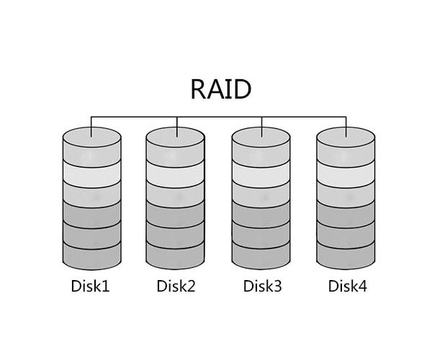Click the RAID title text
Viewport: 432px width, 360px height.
(x=221, y=89)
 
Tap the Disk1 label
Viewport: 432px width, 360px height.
(x=91, y=287)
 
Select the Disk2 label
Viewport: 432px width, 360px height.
(x=176, y=287)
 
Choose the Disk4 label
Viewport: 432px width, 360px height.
(x=347, y=287)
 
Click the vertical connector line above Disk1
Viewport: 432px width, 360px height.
(x=91, y=122)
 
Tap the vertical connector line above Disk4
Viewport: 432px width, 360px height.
(x=346, y=122)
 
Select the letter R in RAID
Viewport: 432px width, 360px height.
(x=199, y=89)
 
